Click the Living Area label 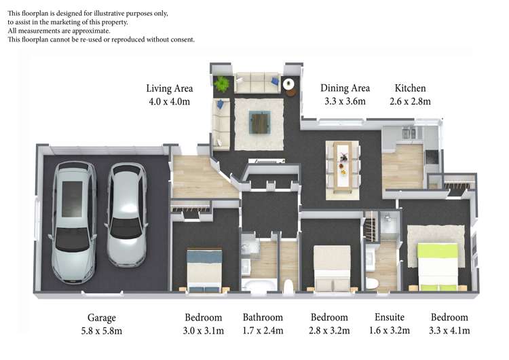170,88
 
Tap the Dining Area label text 345,88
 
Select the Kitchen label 411,88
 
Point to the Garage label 102,317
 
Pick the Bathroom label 263,317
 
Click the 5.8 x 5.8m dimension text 102,331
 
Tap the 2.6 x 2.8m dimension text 411,102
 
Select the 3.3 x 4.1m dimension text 449,331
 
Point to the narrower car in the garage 127,214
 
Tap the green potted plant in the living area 222,85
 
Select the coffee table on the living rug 259,122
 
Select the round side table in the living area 289,84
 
